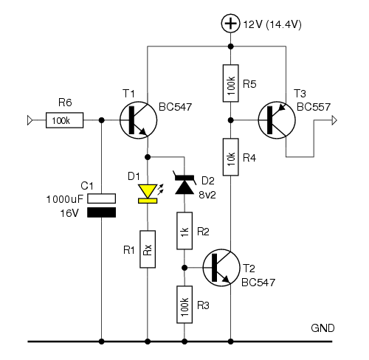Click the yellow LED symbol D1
click(148, 194)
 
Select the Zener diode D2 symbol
click(184, 183)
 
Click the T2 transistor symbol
click(221, 268)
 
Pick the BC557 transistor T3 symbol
click(277, 120)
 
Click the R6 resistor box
click(65, 120)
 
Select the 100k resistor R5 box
click(230, 83)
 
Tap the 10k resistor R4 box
click(230, 157)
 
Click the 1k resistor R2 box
click(184, 231)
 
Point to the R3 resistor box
click(184, 305)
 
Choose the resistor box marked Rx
click(148, 249)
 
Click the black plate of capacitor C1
click(101, 212)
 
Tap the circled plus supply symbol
click(230, 24)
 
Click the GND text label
click(323, 328)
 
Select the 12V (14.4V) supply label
click(272, 24)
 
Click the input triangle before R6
click(30, 120)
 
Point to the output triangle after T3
click(334, 120)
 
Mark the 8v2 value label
click(207, 195)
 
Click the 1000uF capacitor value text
click(65, 199)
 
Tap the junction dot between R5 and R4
click(230, 120)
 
